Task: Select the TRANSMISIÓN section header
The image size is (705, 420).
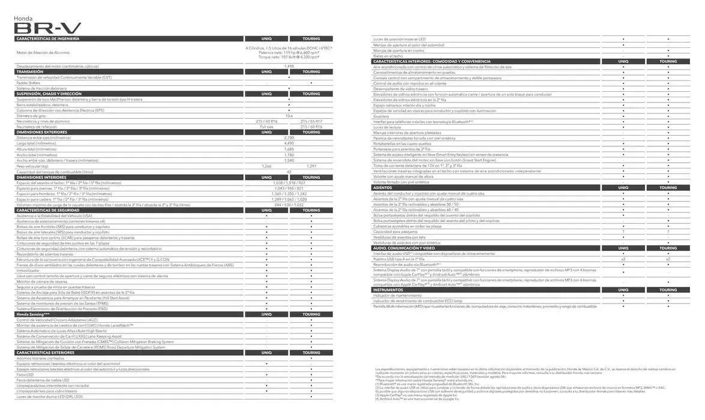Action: coord(30,71)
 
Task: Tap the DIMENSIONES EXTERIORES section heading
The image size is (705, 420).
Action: coord(42,132)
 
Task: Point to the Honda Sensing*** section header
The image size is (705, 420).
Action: coord(33,314)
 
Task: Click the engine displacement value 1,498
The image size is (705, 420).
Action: coord(289,66)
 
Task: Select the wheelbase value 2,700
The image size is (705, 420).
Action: coord(289,138)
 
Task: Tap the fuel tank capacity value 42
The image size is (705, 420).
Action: coord(289,172)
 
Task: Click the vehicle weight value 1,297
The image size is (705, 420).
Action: coord(311,166)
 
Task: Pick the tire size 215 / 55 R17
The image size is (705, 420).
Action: coord(311,121)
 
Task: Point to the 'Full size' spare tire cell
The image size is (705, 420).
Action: coord(266,127)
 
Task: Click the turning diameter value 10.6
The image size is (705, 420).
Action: coord(289,116)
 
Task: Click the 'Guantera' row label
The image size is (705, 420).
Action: coord(381,116)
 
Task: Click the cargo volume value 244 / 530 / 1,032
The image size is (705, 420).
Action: coord(289,205)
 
